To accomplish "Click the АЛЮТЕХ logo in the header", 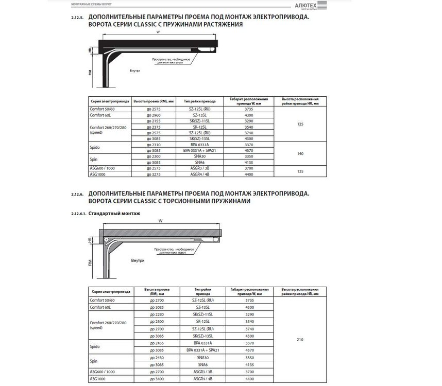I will click(305, 5).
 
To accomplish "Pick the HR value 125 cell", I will click(300, 124).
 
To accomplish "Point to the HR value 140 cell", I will click(300, 153).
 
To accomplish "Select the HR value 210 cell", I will click(300, 339).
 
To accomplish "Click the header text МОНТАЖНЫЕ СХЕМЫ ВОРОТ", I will click(85, 4).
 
